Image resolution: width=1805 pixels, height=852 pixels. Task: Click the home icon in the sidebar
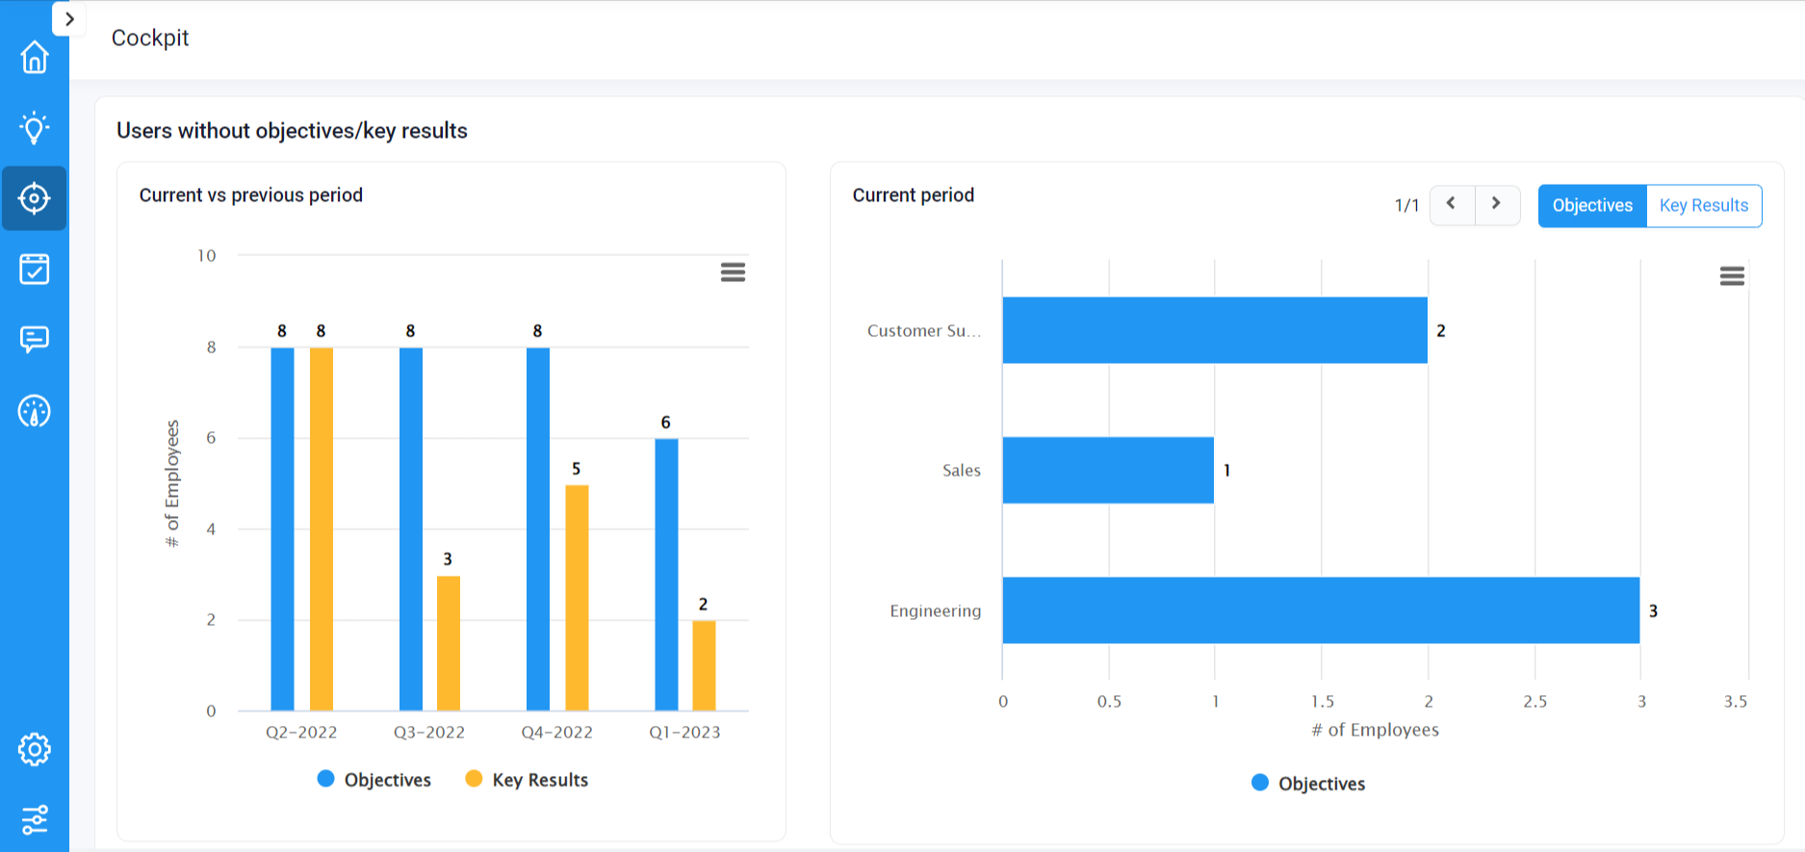(x=35, y=57)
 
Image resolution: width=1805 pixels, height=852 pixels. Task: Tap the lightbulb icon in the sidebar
(x=35, y=127)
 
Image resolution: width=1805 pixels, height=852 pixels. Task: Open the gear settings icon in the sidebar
(x=35, y=749)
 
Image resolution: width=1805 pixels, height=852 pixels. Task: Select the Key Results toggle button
(x=1703, y=206)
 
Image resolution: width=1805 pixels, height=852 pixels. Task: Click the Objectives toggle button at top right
(x=1592, y=206)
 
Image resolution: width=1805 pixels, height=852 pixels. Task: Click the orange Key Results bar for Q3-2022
(x=449, y=643)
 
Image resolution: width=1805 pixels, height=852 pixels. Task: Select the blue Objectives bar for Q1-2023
(x=666, y=575)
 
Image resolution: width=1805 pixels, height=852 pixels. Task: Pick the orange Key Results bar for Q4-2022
(x=577, y=597)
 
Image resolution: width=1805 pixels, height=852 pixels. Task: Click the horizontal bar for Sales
(x=1108, y=471)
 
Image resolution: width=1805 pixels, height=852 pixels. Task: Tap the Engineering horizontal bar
(x=1321, y=610)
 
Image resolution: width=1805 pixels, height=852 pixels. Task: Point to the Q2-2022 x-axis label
(x=301, y=733)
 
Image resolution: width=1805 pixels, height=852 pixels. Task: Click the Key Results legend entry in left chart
(x=527, y=780)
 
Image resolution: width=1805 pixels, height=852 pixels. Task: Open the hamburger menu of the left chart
(x=733, y=272)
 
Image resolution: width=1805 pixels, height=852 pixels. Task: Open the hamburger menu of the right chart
(x=1732, y=277)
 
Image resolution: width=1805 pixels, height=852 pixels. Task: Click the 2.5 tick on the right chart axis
(x=1534, y=702)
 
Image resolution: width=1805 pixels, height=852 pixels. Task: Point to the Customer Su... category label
(x=923, y=331)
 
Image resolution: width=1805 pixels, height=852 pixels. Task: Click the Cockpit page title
(x=150, y=38)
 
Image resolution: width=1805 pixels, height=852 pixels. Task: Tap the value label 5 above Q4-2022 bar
(x=576, y=469)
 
